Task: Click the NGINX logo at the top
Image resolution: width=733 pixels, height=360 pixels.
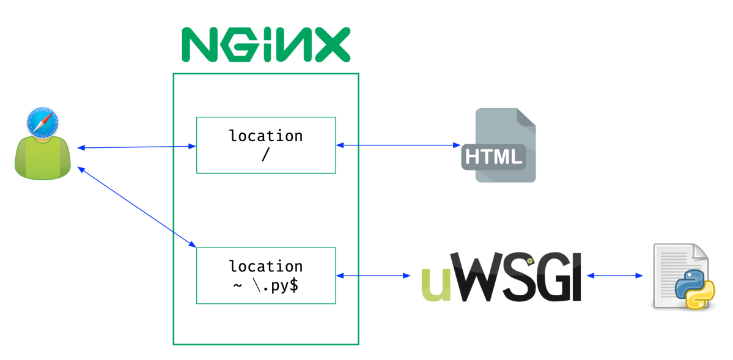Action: [267, 45]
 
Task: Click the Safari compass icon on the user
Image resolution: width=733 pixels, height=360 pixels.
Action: [43, 122]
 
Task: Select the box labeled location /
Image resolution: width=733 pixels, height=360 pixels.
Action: [265, 145]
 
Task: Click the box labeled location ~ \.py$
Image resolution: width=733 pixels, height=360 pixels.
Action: [265, 276]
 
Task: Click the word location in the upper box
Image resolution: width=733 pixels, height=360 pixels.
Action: [265, 136]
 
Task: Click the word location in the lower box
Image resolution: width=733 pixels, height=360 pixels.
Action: [265, 266]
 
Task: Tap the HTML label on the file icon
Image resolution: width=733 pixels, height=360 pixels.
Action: [493, 157]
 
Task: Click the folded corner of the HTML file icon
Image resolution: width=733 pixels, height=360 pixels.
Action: [526, 117]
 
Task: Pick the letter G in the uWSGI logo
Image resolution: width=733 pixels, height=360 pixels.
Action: [543, 279]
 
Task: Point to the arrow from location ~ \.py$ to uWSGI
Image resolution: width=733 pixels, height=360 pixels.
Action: [374, 276]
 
